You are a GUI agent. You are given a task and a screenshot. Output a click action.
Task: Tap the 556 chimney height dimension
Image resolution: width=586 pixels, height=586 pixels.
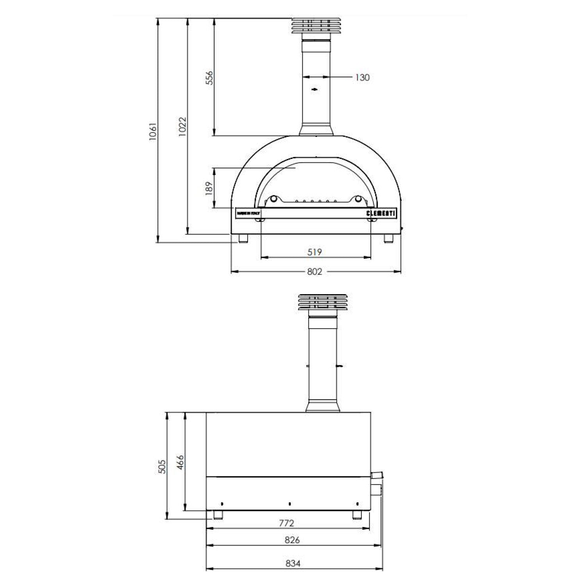[x=209, y=78]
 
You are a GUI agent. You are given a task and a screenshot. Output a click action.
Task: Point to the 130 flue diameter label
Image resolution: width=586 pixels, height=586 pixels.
[x=362, y=78]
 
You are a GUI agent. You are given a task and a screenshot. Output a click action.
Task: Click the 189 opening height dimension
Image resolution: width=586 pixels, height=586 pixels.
[x=209, y=188]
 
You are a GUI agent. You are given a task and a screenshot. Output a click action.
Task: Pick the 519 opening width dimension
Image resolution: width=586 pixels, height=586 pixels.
[x=314, y=252]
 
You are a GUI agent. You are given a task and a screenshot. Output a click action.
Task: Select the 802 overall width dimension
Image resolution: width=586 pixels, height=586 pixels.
[x=314, y=272]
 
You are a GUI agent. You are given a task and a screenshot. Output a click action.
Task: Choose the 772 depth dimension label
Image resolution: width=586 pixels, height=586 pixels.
[x=286, y=523]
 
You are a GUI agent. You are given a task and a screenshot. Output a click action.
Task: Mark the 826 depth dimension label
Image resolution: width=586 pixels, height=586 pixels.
[x=292, y=540]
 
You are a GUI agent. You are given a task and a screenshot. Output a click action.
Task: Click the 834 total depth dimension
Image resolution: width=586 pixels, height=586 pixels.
[x=293, y=563]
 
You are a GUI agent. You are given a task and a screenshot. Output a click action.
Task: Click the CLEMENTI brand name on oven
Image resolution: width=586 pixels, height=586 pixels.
[x=381, y=213]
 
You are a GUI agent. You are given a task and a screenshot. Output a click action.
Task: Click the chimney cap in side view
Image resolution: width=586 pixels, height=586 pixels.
[x=322, y=302]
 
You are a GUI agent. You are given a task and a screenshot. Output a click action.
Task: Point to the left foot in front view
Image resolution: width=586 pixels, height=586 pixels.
[x=243, y=238]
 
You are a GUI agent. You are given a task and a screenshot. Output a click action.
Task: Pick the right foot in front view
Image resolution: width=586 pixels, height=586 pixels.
[x=389, y=238]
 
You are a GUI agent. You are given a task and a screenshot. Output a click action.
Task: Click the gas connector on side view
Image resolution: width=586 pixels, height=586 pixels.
[x=377, y=475]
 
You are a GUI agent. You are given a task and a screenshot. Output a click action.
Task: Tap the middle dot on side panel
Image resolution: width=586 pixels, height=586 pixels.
[x=289, y=504]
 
